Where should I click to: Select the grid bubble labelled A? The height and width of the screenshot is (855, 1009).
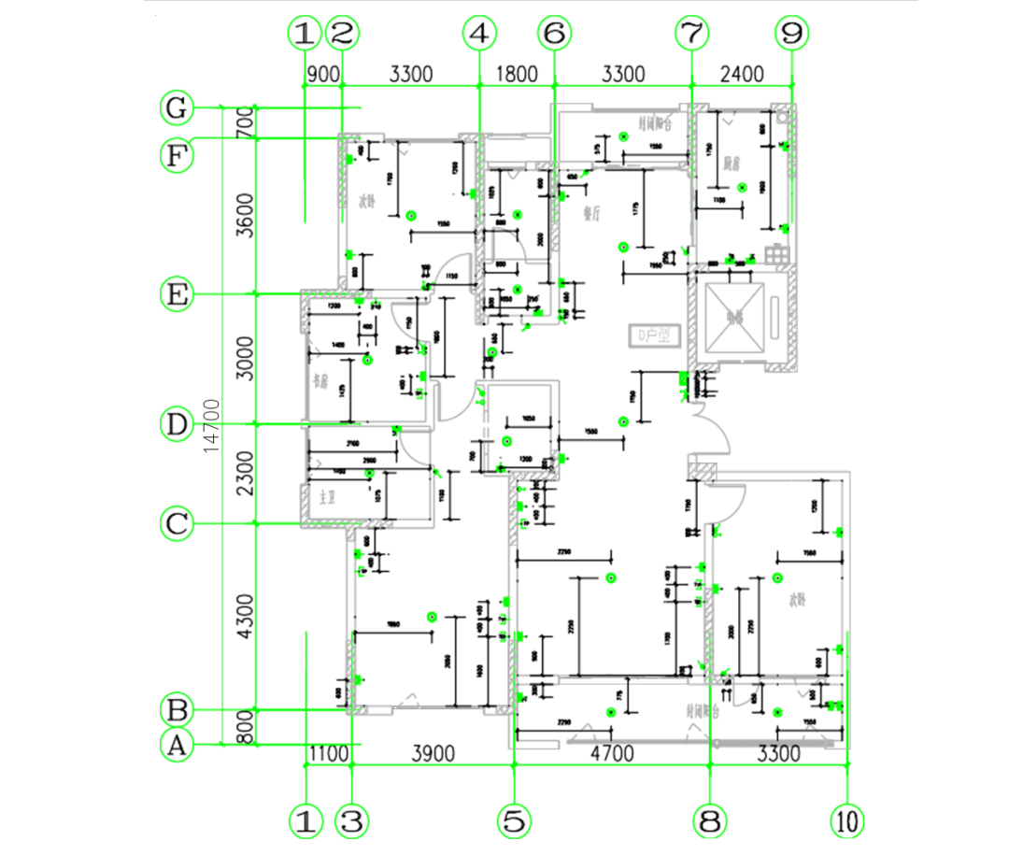[175, 746]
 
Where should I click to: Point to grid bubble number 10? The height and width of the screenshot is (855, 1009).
[847, 821]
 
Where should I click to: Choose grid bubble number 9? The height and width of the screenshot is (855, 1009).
[791, 34]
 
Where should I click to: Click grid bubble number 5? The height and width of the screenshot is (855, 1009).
[513, 821]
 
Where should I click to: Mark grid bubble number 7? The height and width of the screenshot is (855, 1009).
[691, 34]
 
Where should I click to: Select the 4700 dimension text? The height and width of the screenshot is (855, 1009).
[611, 753]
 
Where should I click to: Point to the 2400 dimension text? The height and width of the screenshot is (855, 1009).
[741, 74]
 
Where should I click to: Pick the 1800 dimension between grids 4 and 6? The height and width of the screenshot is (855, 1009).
[515, 74]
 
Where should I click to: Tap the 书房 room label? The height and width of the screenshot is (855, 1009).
[320, 381]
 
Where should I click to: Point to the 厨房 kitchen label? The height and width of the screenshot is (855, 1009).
[732, 164]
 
